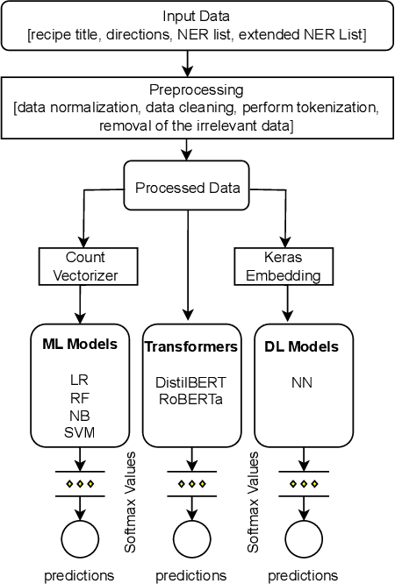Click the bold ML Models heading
(x=81, y=345)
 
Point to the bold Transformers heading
(x=190, y=346)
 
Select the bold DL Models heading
(x=301, y=346)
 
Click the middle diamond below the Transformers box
(x=190, y=483)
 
